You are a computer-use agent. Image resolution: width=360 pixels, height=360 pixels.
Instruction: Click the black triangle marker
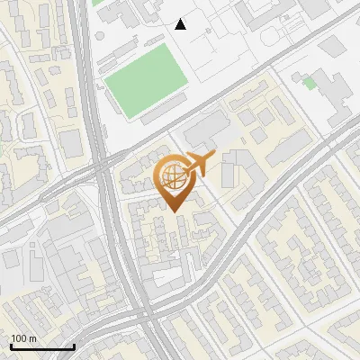click(x=181, y=24)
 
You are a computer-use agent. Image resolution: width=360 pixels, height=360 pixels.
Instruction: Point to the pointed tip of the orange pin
click(x=174, y=211)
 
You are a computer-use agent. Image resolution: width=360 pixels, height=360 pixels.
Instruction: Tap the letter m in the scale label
click(x=32, y=338)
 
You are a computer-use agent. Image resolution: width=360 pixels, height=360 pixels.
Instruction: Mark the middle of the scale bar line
click(x=41, y=346)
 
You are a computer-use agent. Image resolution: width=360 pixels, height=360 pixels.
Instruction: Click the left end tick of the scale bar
click(x=10, y=346)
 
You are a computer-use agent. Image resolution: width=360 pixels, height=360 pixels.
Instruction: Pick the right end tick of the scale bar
click(x=74, y=346)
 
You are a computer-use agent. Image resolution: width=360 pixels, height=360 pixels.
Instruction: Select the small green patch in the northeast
click(x=310, y=83)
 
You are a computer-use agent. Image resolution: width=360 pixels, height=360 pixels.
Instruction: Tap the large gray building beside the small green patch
click(x=334, y=91)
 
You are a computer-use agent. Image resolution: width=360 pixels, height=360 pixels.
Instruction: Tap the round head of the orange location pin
click(x=174, y=178)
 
